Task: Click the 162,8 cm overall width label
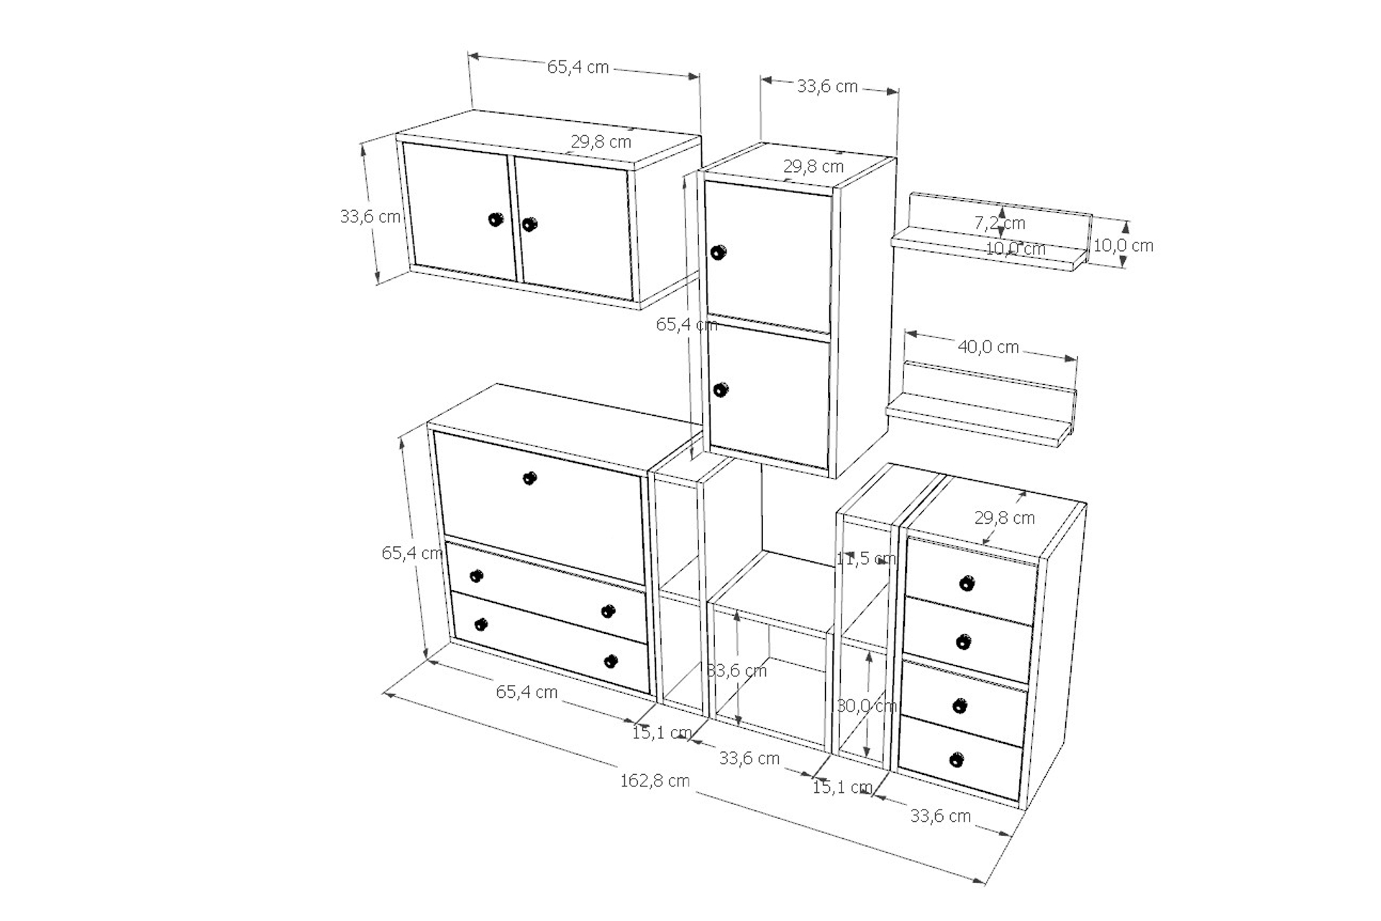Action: coord(655,781)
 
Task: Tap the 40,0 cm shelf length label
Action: coord(988,347)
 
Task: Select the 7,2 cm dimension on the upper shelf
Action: coord(1000,223)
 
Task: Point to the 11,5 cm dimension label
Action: coord(866,558)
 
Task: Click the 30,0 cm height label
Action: coord(867,706)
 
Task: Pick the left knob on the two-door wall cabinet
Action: coord(495,219)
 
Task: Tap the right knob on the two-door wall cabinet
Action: coord(529,224)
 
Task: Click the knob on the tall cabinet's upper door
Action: coord(718,253)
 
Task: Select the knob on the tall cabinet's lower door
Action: coord(720,390)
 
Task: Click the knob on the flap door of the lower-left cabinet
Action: coord(529,478)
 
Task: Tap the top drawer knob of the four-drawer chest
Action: coord(967,583)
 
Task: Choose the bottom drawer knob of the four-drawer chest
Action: coord(956,759)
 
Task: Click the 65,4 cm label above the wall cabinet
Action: coord(578,67)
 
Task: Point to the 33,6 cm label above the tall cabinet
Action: coord(827,86)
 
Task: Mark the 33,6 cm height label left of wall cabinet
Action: coord(370,216)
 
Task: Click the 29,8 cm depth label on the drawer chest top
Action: coord(1005,517)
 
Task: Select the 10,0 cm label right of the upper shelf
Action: coord(1123,245)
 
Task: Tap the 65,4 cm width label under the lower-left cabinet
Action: coord(527,691)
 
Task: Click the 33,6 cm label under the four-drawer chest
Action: coord(941,816)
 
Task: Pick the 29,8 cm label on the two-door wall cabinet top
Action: coord(601,142)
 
